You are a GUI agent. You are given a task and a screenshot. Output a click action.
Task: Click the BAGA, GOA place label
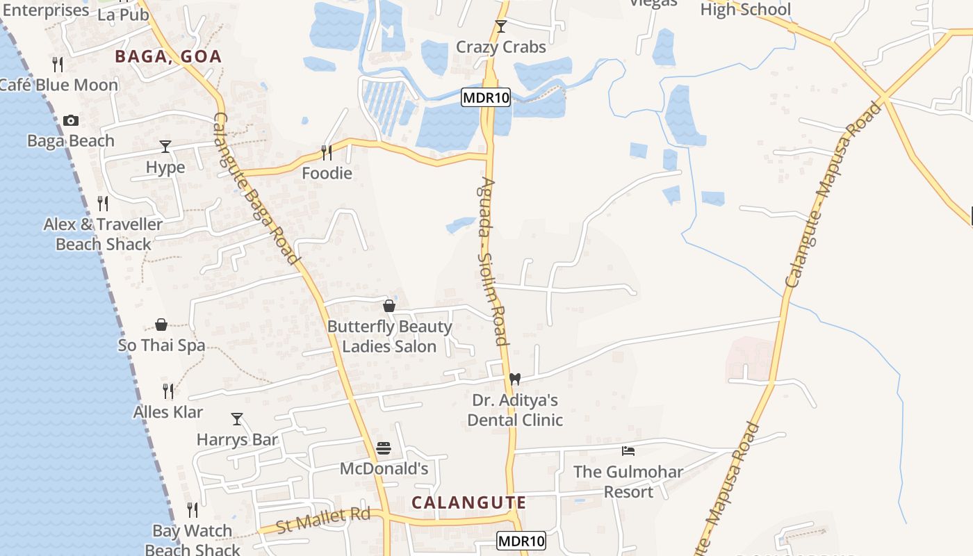168,56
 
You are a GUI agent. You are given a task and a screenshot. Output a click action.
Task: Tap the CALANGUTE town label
469,502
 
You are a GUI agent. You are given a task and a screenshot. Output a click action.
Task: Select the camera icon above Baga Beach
70,121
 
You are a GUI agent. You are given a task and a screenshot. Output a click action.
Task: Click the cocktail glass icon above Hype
165,146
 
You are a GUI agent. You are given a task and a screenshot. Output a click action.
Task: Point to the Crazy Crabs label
500,47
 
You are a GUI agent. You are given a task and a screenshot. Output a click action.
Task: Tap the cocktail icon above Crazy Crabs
500,26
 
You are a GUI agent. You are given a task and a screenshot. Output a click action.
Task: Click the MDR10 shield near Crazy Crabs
486,98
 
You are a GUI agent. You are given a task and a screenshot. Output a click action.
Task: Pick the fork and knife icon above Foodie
326,152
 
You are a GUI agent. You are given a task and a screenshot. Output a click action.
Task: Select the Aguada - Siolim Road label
493,261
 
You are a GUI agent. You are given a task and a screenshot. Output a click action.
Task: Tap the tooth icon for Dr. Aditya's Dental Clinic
514,379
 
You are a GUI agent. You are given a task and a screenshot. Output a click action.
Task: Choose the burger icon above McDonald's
384,448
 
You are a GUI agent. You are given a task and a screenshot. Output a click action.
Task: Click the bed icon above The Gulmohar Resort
628,450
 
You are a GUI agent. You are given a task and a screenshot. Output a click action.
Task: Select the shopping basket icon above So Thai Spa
161,325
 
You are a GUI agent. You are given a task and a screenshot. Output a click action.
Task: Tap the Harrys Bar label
237,439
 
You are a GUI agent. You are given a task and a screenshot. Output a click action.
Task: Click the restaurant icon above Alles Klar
167,391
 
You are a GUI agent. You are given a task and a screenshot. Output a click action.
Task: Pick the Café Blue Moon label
58,85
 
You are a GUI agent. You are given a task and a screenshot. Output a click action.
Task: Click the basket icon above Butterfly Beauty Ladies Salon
389,306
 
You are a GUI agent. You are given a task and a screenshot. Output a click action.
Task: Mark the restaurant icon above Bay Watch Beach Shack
193,510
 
